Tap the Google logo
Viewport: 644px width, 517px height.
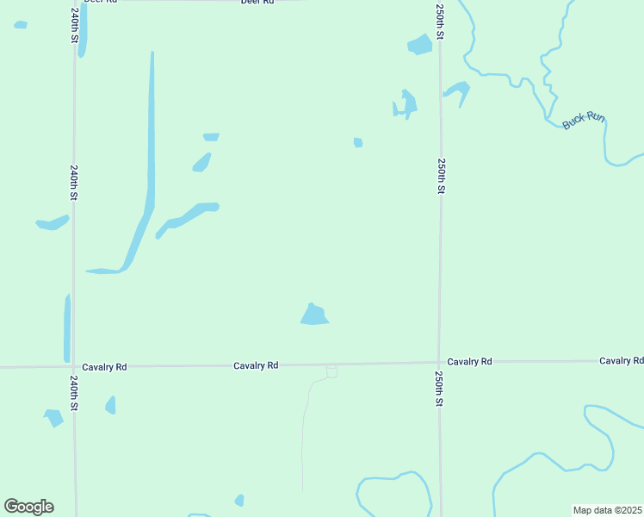coord(28,507)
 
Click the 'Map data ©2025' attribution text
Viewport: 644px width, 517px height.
coord(607,510)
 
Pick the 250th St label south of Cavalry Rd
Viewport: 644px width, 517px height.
coord(439,389)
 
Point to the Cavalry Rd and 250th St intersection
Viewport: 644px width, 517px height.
coord(439,363)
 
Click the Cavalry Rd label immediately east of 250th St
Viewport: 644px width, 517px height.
coord(469,362)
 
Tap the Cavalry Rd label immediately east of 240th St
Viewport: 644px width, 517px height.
coord(104,367)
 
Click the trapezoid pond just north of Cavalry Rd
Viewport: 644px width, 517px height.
coord(314,315)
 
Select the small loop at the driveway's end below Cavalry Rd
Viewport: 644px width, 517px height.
coord(331,371)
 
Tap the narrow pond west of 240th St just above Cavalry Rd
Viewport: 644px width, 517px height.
coord(67,327)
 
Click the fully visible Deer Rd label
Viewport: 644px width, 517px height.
coord(257,3)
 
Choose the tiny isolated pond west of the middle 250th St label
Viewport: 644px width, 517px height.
coord(358,142)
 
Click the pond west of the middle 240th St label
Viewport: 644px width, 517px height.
coord(52,224)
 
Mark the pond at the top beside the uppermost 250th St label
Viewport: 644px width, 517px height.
coord(420,44)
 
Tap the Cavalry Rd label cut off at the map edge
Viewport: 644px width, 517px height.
coord(622,361)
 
